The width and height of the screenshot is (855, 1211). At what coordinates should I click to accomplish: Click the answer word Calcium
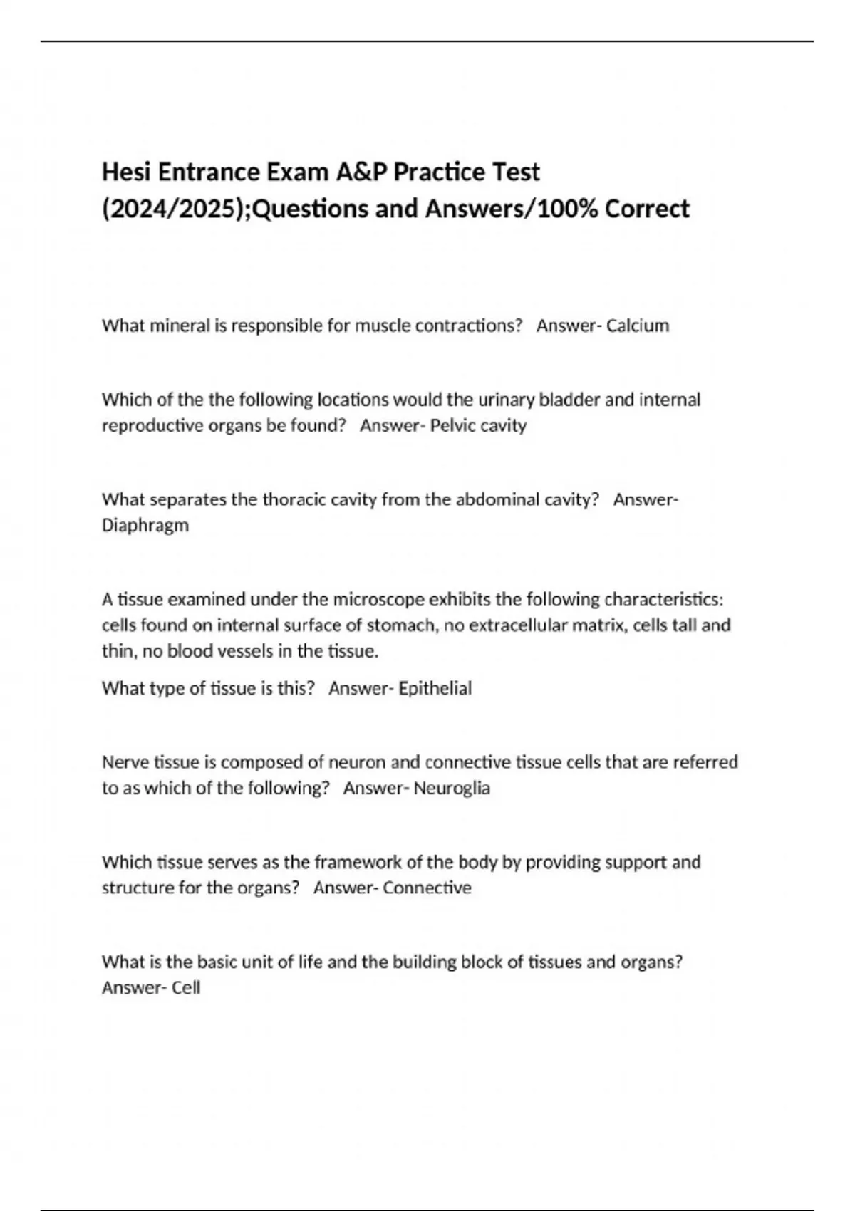(x=638, y=326)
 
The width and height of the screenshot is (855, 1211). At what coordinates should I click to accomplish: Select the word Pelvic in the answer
(x=452, y=425)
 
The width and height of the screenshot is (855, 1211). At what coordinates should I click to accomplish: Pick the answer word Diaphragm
(x=145, y=526)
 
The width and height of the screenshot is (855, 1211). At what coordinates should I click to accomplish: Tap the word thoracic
(x=291, y=499)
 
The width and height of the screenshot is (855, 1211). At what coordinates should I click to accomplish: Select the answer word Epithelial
(x=435, y=688)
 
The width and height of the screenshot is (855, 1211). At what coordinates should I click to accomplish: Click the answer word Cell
(x=186, y=988)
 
